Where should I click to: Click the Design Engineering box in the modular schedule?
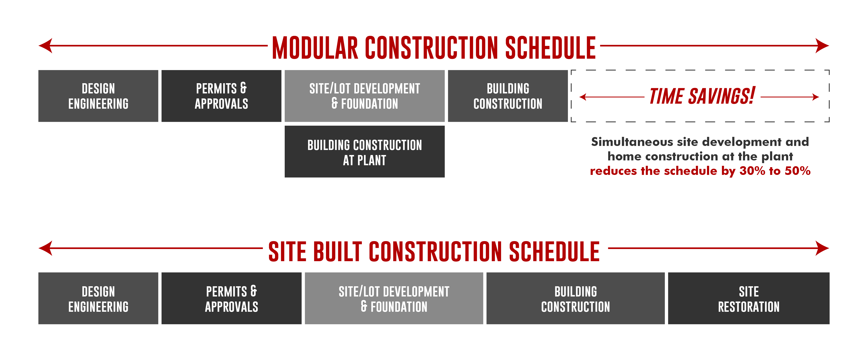tap(98, 96)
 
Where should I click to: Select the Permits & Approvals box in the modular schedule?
tap(221, 96)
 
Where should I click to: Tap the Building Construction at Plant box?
tap(365, 152)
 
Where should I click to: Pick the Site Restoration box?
tap(749, 298)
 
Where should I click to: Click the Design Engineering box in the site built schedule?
tap(98, 298)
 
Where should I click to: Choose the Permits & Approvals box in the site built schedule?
tap(231, 298)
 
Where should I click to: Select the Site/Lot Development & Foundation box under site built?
tap(394, 298)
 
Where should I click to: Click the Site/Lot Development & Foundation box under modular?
tap(365, 96)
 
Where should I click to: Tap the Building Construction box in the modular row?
tap(508, 96)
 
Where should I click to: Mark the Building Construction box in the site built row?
tap(576, 298)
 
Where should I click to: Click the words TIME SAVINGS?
tap(702, 96)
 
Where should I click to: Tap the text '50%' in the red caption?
tap(798, 171)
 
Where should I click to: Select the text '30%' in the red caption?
tap(752, 171)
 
